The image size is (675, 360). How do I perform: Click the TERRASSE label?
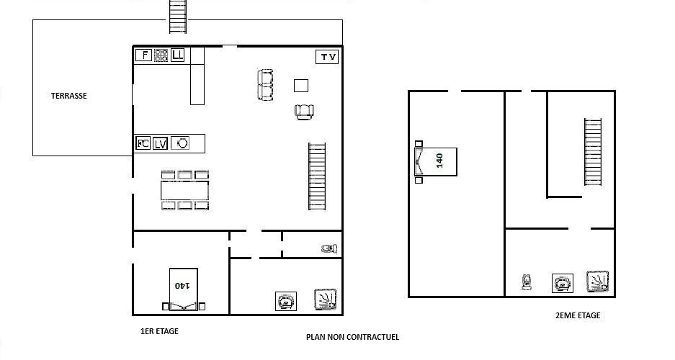click(x=69, y=96)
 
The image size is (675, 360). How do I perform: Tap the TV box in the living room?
click(x=327, y=57)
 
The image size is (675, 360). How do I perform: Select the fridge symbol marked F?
click(x=144, y=55)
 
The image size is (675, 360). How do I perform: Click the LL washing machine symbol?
click(x=177, y=55)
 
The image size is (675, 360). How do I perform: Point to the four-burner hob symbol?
click(x=161, y=55)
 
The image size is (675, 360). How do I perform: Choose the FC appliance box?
click(x=143, y=143)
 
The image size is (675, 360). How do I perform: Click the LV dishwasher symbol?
click(x=160, y=144)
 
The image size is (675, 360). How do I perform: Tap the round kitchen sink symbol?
click(x=180, y=143)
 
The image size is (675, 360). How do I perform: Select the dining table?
click(x=184, y=190)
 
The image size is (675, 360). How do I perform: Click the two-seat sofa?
click(x=265, y=85)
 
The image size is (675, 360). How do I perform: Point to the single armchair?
click(x=304, y=112)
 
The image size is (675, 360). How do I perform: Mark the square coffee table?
click(x=301, y=86)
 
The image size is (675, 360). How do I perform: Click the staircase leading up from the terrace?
click(x=178, y=17)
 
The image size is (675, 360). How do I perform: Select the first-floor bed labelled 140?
click(x=184, y=289)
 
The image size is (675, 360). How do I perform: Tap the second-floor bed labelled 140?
click(x=436, y=162)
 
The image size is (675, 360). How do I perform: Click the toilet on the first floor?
click(x=329, y=248)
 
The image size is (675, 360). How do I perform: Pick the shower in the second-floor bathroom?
click(x=598, y=282)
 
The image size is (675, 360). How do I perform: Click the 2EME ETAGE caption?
click(x=578, y=315)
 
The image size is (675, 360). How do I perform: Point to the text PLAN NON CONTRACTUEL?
click(x=352, y=337)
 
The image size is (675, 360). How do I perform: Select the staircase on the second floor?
click(x=593, y=152)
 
